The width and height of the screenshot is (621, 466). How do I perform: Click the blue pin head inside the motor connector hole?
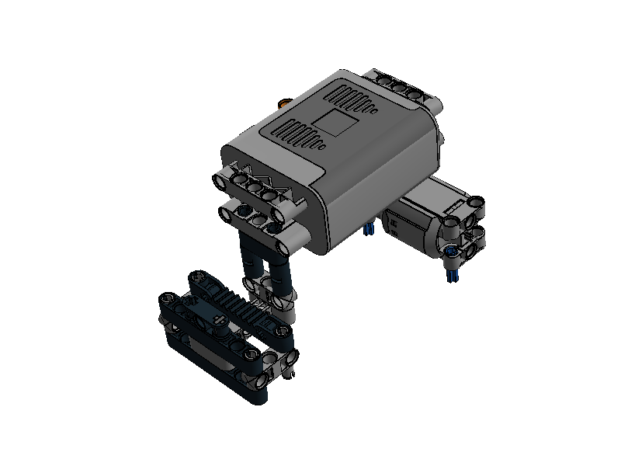pos(453,250)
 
